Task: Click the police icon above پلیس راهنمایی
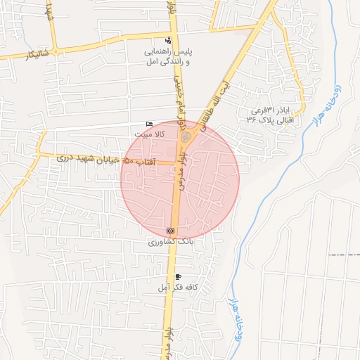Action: pyautogui.click(x=167, y=41)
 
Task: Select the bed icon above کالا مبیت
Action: pyautogui.click(x=148, y=124)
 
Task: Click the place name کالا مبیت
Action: pyautogui.click(x=150, y=133)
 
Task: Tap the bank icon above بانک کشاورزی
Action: pyautogui.click(x=169, y=231)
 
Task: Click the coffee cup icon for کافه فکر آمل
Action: pyautogui.click(x=178, y=277)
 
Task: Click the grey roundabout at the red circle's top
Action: pyautogui.click(x=185, y=138)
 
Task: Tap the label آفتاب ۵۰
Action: pyautogui.click(x=139, y=162)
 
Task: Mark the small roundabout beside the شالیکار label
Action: pyautogui.click(x=55, y=51)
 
